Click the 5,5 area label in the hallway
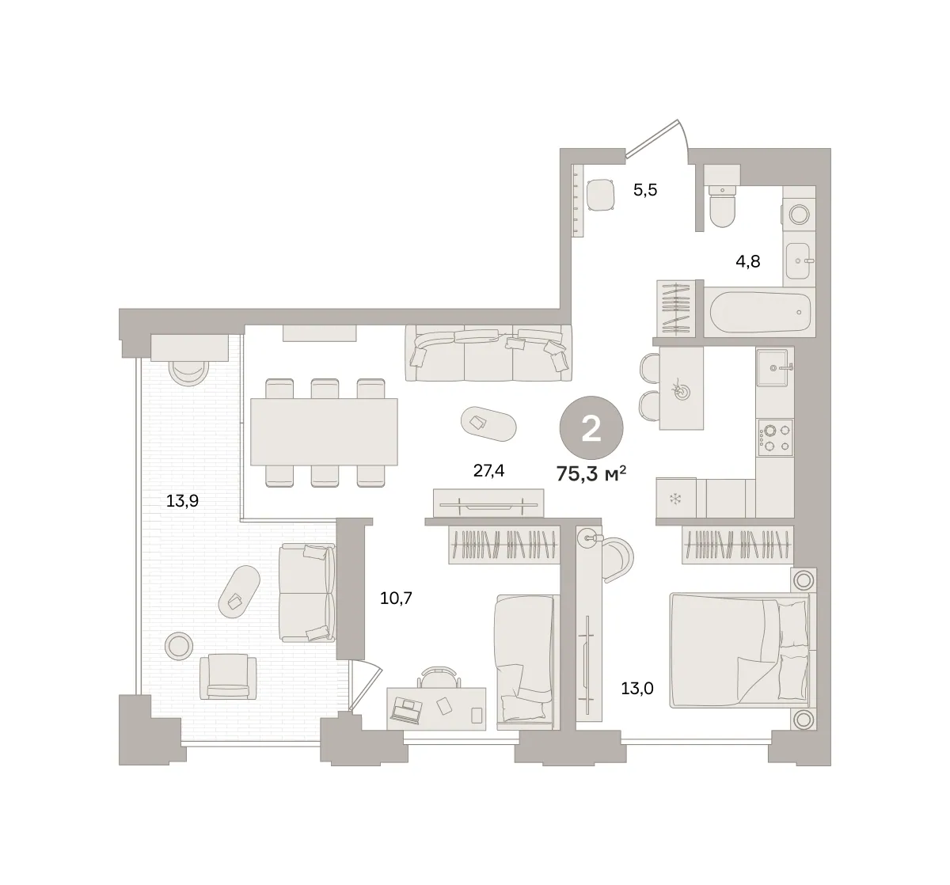(x=645, y=191)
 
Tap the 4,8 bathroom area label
(x=747, y=262)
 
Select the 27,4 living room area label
(x=488, y=471)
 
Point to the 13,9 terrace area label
(x=182, y=501)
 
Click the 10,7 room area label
(x=396, y=598)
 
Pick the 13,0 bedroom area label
(x=637, y=689)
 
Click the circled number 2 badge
(x=591, y=427)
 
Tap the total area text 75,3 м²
(x=591, y=473)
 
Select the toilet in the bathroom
(x=722, y=207)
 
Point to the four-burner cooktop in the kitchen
(x=775, y=438)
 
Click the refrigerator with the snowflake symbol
(x=676, y=497)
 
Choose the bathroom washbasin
(x=799, y=260)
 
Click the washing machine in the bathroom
(x=799, y=214)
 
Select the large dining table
(x=324, y=431)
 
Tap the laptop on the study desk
(x=407, y=710)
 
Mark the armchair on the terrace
(x=228, y=677)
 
